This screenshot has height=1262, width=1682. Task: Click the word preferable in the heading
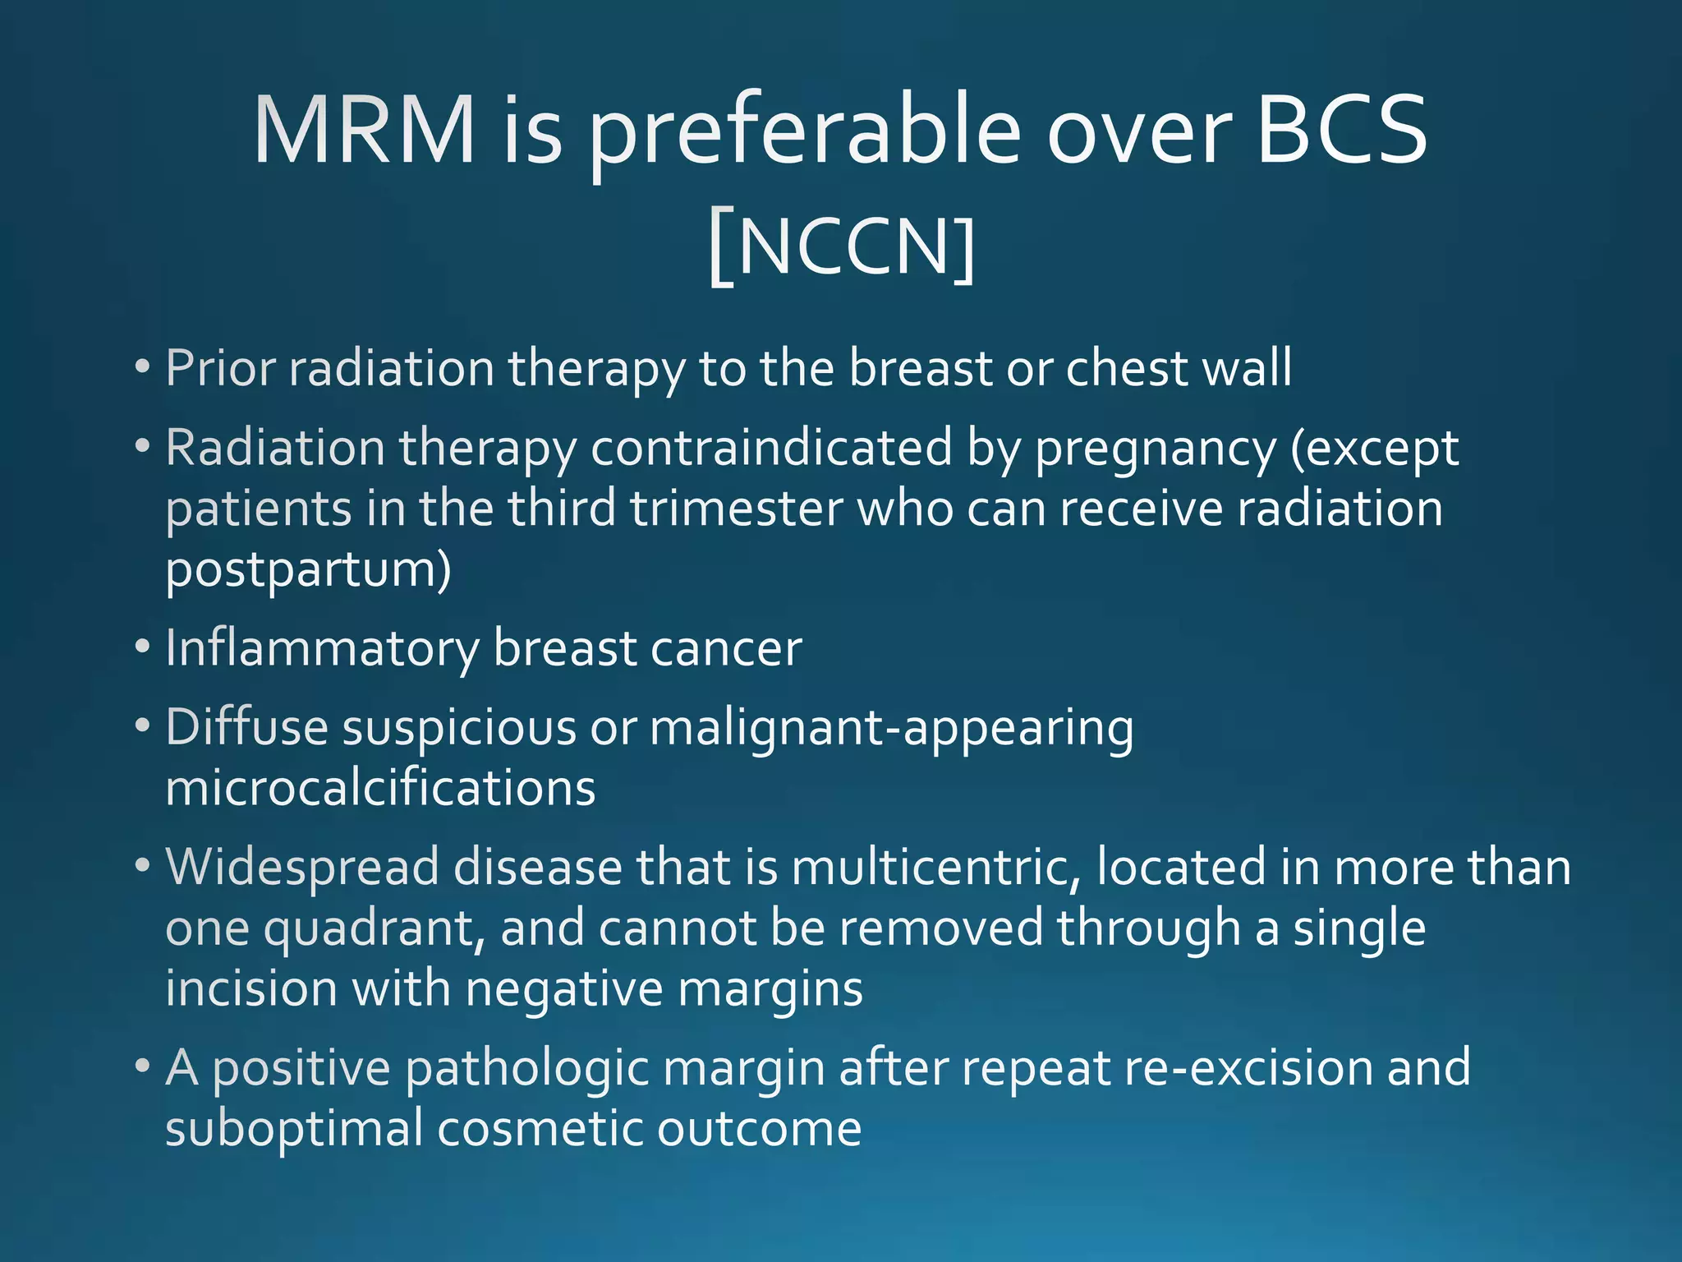(x=806, y=136)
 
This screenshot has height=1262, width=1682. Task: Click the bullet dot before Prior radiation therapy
(x=143, y=367)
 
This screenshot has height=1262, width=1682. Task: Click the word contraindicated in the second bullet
(x=771, y=449)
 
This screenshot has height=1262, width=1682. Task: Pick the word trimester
(x=737, y=509)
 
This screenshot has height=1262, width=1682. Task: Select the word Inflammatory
(x=322, y=650)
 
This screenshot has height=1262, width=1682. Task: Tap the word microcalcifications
(x=380, y=788)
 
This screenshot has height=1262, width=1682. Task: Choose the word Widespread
(x=302, y=868)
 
